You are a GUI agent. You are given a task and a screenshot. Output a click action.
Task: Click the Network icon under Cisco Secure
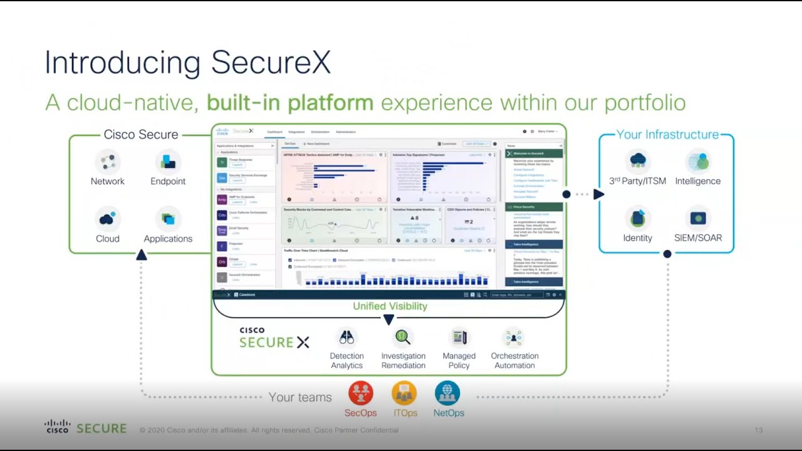[x=108, y=162]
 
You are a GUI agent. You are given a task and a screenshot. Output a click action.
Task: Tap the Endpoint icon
[x=168, y=162]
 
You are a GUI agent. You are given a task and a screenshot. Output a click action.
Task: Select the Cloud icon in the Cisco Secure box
[x=108, y=219]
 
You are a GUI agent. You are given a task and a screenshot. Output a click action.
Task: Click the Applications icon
[x=168, y=219]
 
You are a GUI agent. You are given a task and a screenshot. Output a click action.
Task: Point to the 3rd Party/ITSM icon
[x=638, y=160]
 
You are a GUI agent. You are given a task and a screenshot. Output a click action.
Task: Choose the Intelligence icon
[x=698, y=161]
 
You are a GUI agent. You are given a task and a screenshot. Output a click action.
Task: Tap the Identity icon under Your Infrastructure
[x=638, y=218]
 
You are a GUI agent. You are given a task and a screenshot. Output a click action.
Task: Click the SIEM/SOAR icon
[x=698, y=218]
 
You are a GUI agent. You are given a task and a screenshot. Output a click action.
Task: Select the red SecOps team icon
[x=361, y=393]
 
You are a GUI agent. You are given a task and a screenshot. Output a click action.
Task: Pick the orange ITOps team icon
[x=404, y=393]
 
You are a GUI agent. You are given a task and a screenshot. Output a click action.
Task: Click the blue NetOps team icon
[x=447, y=393]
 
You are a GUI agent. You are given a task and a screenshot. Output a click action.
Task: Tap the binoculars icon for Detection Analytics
[x=346, y=338]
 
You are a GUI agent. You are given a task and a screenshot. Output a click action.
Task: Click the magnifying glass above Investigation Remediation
[x=403, y=338]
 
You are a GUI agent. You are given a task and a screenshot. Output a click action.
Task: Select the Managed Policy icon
[x=459, y=338]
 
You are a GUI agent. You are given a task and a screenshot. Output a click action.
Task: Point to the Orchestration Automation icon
[x=514, y=338]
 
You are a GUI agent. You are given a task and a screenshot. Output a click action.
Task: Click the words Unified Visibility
[x=390, y=306]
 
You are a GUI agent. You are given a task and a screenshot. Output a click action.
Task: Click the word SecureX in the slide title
[x=271, y=63]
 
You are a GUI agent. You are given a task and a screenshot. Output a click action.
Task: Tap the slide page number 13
[x=759, y=430]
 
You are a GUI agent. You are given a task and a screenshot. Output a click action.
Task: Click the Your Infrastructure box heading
[x=667, y=135]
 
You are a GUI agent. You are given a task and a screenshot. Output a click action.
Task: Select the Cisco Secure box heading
[x=141, y=135]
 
